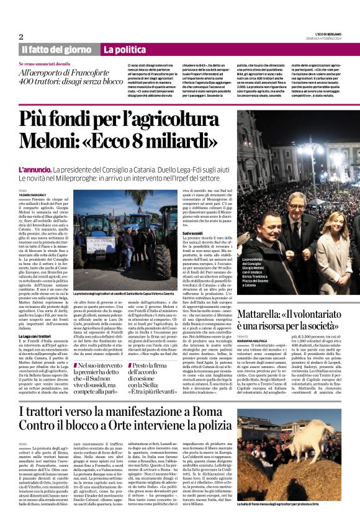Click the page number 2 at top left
click(21, 37)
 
